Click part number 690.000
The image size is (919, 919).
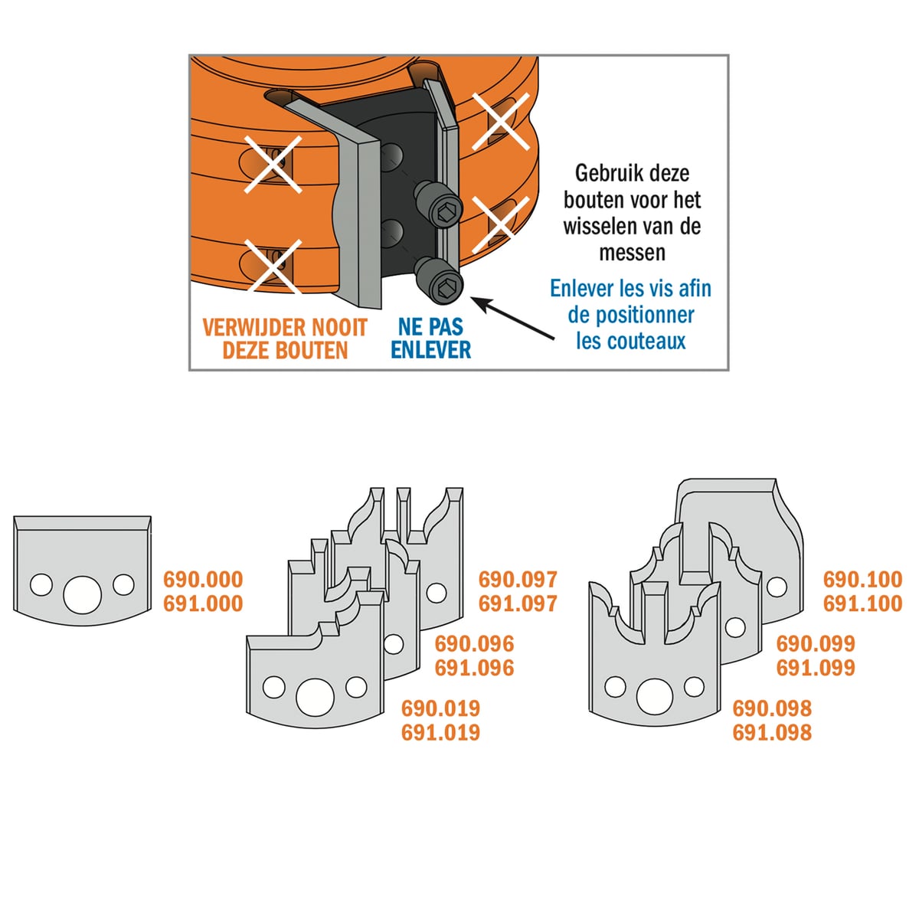(x=203, y=580)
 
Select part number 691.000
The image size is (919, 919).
(x=203, y=603)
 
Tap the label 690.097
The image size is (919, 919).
(x=518, y=580)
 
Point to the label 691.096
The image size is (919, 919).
(x=474, y=668)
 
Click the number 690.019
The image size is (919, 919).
(x=440, y=708)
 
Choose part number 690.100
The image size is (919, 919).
(x=863, y=580)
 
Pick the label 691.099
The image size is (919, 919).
(x=816, y=668)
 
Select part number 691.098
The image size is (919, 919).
(x=772, y=733)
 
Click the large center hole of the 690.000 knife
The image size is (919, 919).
(x=82, y=594)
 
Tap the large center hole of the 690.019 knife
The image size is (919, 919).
(x=315, y=697)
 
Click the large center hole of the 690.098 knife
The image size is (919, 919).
(x=655, y=696)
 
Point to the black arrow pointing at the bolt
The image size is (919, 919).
(x=512, y=318)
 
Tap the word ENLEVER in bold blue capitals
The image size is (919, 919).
(x=430, y=349)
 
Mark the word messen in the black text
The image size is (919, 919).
(x=632, y=252)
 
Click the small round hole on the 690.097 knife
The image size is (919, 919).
(x=436, y=594)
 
